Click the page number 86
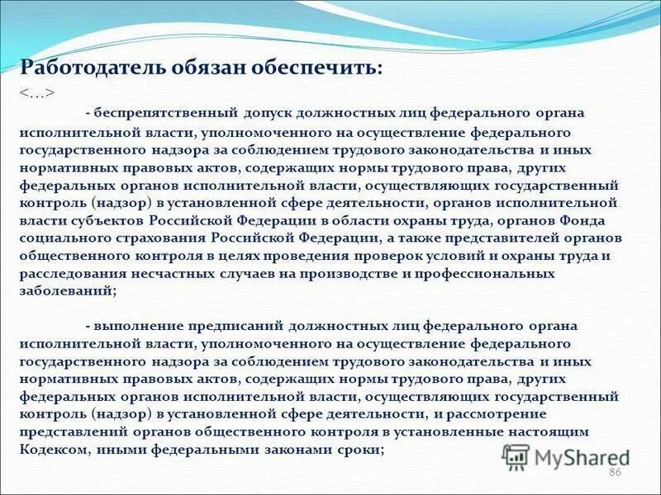615,471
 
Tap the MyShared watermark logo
566,457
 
